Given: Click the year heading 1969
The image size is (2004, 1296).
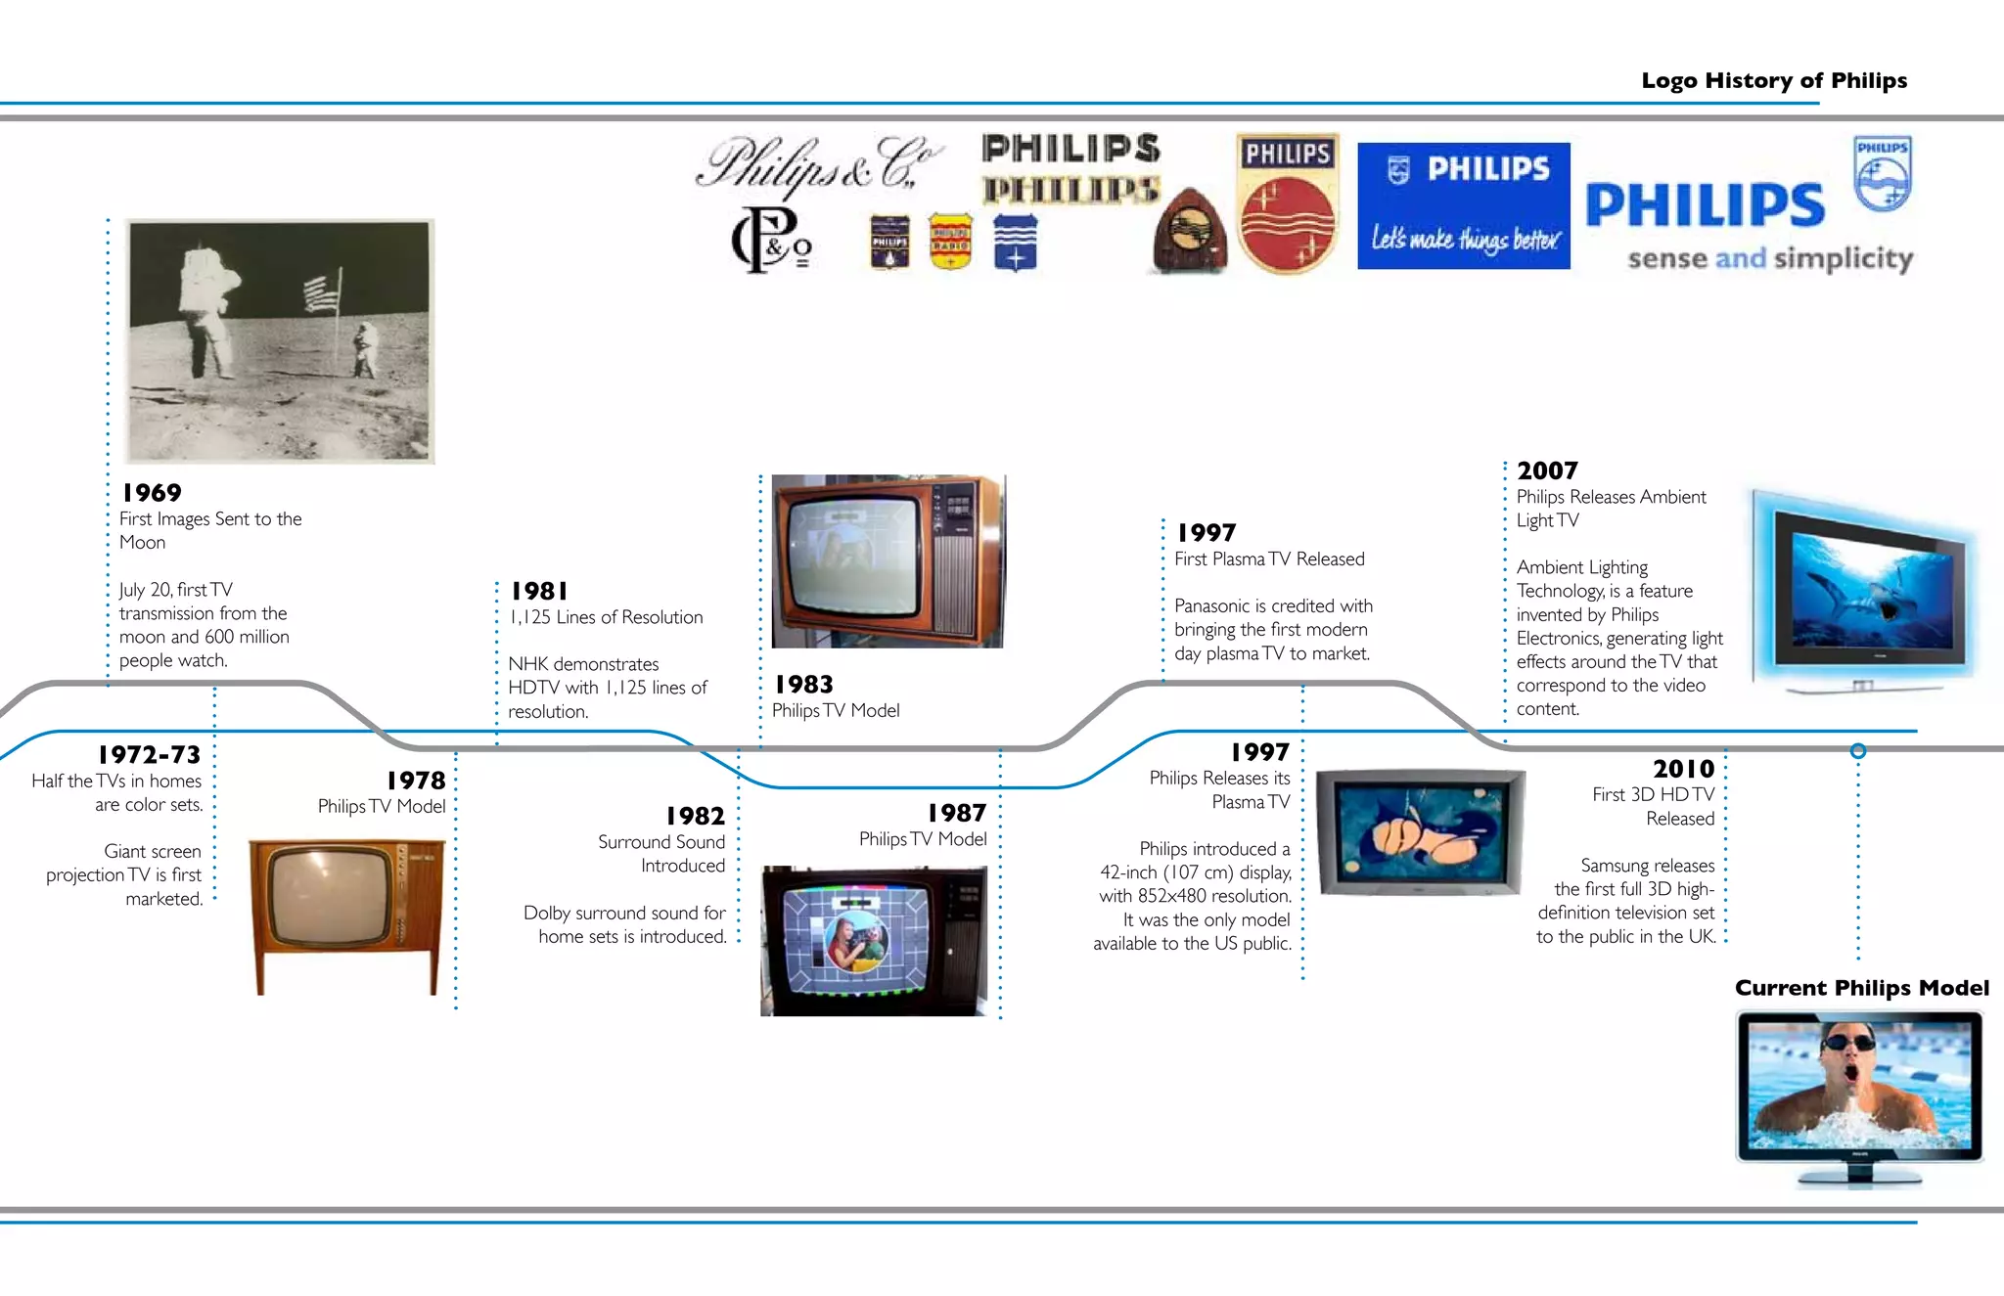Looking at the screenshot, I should click(152, 493).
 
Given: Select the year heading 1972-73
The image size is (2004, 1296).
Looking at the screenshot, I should click(149, 755).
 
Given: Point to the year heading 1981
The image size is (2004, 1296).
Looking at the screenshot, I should click(539, 591).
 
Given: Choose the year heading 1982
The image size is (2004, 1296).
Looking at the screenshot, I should click(695, 816).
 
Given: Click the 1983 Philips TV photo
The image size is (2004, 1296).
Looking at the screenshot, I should click(887, 561).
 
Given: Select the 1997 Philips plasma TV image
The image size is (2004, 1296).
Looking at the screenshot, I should click(1420, 831).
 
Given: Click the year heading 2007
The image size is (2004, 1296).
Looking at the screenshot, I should click(1547, 470).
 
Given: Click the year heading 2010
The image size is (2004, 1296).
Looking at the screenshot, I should click(1683, 769).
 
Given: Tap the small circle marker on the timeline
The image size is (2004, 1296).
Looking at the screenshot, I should click(1858, 751).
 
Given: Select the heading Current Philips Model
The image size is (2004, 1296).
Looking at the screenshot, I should click(1861, 988).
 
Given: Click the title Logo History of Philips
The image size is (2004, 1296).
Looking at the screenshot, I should click(1773, 80).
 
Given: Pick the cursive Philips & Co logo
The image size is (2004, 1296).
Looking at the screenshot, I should click(819, 163).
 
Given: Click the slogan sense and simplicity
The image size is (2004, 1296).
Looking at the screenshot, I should click(1769, 258).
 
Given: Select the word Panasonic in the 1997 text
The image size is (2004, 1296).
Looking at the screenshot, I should click(1211, 606).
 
